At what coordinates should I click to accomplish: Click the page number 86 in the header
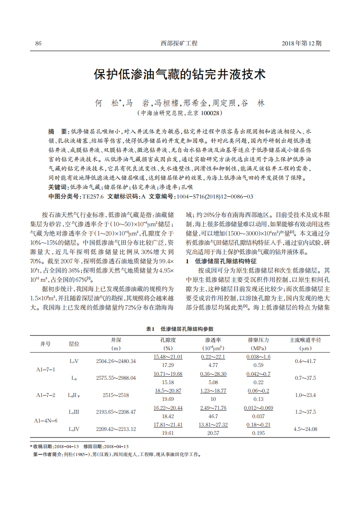tap(38, 43)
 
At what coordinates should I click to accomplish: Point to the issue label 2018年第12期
tap(301, 43)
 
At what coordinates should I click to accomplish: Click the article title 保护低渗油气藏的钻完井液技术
tap(180, 74)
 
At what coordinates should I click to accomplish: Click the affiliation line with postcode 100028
tap(180, 113)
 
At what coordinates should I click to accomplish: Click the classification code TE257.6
tap(93, 196)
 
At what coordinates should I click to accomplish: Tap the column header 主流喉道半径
tap(305, 340)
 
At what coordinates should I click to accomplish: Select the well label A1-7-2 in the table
tap(45, 395)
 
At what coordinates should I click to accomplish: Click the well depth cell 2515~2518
tap(116, 395)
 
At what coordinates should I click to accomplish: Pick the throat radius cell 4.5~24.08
tap(305, 429)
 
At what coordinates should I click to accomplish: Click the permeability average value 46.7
tap(213, 416)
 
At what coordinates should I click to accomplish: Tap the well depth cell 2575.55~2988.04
tap(116, 378)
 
